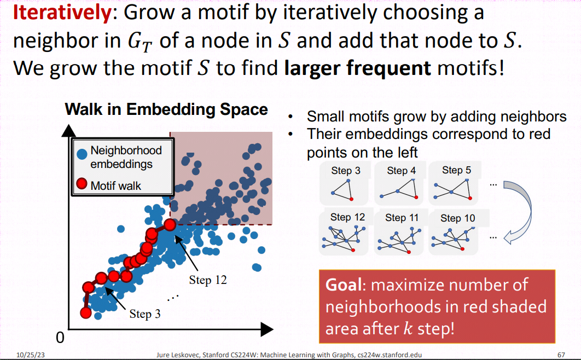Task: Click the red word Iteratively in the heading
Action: [x=62, y=12]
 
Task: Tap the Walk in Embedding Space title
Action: [x=166, y=109]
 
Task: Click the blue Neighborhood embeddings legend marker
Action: [x=82, y=154]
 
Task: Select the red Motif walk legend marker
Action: [x=82, y=183]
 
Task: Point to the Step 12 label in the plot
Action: [x=208, y=280]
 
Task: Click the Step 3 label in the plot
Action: [x=145, y=313]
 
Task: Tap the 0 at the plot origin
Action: [x=60, y=338]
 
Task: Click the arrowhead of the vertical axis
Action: [x=68, y=131]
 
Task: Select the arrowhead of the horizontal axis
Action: [x=267, y=329]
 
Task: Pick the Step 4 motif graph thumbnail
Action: [x=399, y=183]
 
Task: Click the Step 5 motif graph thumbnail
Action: [x=453, y=183]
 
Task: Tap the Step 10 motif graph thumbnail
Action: [x=453, y=232]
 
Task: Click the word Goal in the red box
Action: [x=343, y=285]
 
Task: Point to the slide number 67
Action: [x=561, y=355]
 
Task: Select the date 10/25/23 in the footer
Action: [x=31, y=355]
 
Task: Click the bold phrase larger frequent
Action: [x=357, y=68]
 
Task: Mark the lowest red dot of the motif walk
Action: [x=86, y=313]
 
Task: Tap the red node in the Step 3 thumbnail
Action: [x=351, y=199]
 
